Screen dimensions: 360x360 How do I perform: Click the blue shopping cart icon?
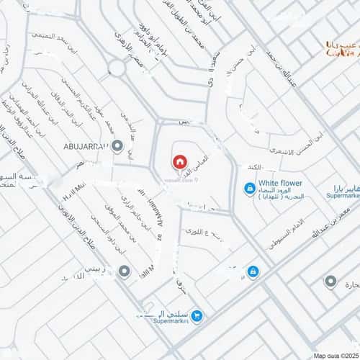pos(197,315)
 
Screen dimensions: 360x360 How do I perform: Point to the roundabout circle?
pos(116,68)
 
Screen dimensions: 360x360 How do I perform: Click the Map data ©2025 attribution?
pos(334,354)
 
